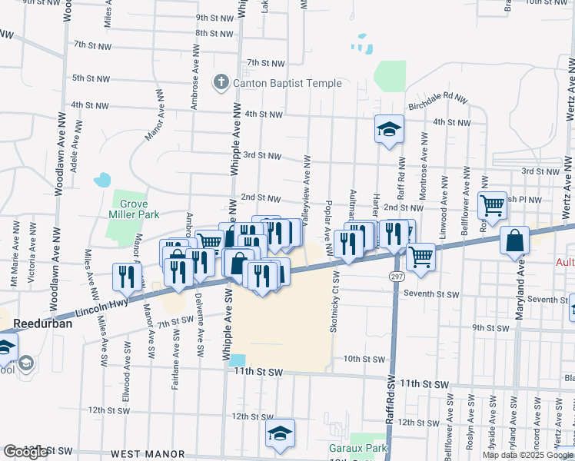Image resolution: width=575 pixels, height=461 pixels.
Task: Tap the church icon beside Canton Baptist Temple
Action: (221, 82)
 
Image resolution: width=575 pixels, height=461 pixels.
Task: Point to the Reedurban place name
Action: (36, 324)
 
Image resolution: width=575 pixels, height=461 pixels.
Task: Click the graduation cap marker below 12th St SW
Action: (281, 433)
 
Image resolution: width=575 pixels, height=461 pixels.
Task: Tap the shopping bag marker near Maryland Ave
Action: (514, 241)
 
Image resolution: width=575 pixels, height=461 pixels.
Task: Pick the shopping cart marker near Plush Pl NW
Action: (492, 205)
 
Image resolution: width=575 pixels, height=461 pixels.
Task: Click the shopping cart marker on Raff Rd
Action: (420, 257)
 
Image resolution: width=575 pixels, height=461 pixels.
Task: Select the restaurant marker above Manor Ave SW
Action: (127, 277)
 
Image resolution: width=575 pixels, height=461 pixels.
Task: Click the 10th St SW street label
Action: (364, 359)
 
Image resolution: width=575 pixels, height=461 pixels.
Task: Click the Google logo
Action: (25, 452)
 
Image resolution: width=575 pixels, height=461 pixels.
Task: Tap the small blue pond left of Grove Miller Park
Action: (101, 181)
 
